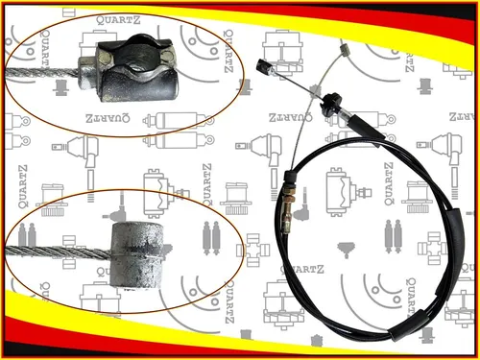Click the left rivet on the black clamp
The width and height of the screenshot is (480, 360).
coord(105,58)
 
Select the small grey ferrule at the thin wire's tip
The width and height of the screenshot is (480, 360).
coord(345,50)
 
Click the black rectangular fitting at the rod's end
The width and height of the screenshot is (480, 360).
coord(264,66)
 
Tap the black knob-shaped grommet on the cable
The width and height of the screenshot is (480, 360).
coord(330,103)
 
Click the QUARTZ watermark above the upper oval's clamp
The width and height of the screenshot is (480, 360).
coord(118,20)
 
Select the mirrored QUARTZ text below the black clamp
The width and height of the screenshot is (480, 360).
coord(108,118)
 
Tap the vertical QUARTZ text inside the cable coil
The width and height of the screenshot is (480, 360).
coord(389,183)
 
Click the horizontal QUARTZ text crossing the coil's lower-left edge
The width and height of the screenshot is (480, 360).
coord(302,269)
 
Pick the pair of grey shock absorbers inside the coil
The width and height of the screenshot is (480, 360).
coord(393,236)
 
